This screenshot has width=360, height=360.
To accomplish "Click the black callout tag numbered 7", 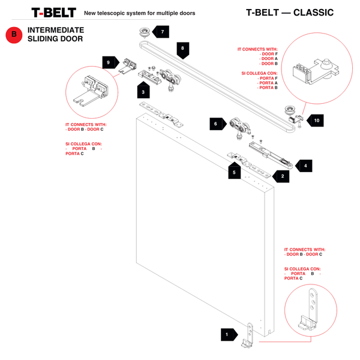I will coord(161,31).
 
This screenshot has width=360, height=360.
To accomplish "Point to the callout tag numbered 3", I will coord(143,91).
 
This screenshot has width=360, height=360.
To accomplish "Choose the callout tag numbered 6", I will coord(216,124).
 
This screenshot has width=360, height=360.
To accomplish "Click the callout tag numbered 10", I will coord(316,121).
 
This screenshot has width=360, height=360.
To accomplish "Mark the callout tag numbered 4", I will coord(304,165).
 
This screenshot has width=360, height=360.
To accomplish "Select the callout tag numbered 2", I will coord(281,176).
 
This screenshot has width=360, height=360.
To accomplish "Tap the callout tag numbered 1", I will coord(228,335).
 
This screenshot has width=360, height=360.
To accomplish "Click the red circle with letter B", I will coord(13,35).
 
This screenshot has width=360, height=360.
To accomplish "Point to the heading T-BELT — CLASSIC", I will coord(290,13).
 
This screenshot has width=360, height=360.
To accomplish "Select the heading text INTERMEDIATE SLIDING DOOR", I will coord(55,34).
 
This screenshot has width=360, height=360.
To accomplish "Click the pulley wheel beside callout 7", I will coord(144,32).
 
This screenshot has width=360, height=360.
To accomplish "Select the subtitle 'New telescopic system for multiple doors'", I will coord(139,13).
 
